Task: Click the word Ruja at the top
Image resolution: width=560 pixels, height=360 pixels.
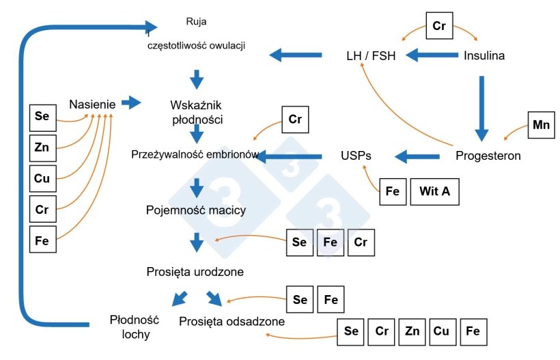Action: point(196,20)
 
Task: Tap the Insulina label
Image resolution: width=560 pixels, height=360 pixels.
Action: point(484,56)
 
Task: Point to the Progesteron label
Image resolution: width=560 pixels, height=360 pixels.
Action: point(488,156)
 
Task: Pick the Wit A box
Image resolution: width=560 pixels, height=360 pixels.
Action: point(434,191)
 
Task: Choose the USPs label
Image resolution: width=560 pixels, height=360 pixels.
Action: point(356,156)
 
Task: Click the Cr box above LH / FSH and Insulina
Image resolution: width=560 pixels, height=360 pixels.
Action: point(439,26)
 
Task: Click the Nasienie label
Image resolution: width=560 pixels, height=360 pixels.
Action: point(92,105)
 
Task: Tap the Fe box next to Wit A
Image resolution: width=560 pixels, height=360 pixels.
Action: point(393,191)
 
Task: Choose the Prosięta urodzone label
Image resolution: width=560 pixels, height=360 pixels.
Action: point(195,272)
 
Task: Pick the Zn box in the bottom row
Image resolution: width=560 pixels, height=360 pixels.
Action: point(412,331)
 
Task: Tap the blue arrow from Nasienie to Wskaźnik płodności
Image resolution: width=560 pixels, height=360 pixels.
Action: point(130,103)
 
